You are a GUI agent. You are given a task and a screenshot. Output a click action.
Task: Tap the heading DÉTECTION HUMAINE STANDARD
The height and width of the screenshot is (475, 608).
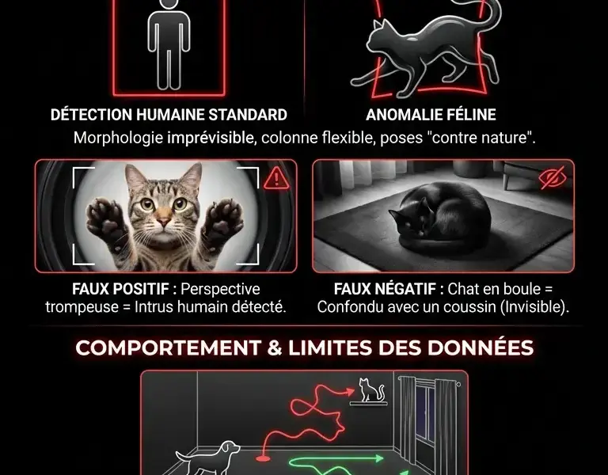(169, 115)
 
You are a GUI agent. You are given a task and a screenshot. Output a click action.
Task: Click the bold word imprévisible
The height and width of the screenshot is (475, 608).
(211, 138)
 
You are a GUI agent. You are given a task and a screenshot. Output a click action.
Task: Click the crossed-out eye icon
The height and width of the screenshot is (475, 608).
(553, 178)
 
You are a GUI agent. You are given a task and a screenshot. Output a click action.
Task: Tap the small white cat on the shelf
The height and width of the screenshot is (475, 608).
(367, 389)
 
